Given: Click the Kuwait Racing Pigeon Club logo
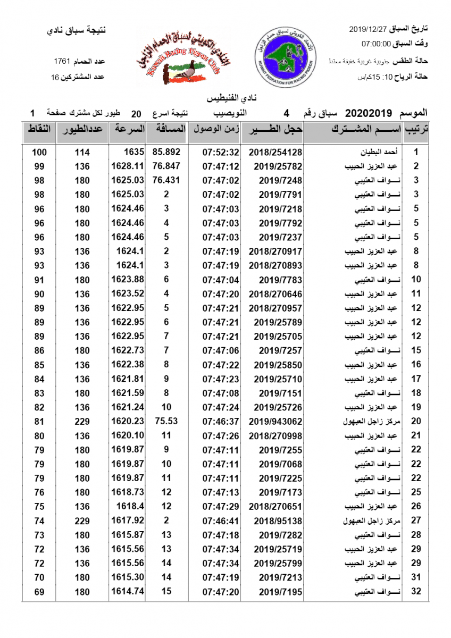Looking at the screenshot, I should (x=180, y=56).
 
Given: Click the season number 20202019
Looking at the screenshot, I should (x=369, y=113).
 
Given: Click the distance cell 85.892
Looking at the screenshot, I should (x=166, y=152).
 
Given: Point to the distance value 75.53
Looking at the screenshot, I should (x=166, y=421).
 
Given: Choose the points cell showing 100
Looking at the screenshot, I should (x=39, y=152).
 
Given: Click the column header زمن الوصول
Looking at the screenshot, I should (x=215, y=129).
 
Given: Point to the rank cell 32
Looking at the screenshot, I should (x=416, y=592).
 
